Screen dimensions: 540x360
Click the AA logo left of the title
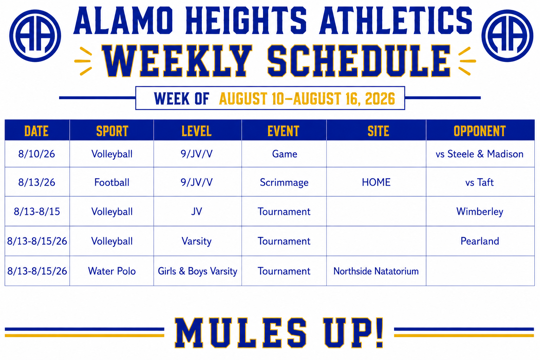click(35, 36)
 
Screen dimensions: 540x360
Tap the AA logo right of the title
click(507, 36)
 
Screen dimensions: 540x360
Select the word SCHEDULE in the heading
click(359, 61)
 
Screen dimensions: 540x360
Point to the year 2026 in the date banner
click(380, 99)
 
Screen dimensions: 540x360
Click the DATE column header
click(37, 131)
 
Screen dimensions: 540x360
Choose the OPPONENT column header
click(480, 131)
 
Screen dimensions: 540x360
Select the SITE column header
click(378, 131)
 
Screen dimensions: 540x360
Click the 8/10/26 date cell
click(37, 154)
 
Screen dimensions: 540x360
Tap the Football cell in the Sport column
click(112, 182)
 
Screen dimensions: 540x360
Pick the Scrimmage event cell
click(284, 182)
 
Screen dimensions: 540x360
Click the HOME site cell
click(376, 182)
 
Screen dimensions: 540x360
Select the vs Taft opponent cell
click(480, 182)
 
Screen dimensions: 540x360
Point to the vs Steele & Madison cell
click(480, 154)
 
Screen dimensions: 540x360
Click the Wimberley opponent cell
click(480, 212)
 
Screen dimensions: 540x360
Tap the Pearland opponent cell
click(480, 241)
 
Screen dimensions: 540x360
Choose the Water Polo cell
click(112, 271)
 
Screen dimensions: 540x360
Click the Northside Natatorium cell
click(376, 271)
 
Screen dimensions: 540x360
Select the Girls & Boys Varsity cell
click(198, 271)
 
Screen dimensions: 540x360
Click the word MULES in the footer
click(241, 333)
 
